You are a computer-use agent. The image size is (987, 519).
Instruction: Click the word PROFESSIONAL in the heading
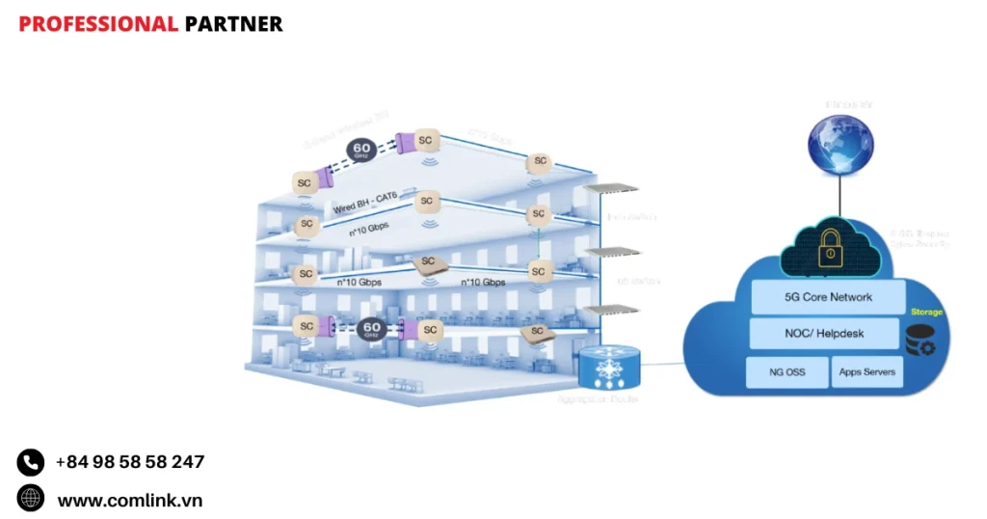97,24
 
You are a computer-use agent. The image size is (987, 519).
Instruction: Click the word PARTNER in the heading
233,24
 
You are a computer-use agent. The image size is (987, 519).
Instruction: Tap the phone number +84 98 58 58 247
129,462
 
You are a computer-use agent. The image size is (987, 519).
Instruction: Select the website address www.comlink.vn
129,500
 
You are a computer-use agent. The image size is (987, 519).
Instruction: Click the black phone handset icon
31,463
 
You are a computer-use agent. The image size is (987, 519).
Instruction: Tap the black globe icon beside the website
31,499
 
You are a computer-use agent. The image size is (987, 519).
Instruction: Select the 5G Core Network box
828,297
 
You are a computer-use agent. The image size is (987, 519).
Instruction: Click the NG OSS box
787,371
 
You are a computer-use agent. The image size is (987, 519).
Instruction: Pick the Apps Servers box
867,371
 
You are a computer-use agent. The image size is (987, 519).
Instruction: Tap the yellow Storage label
926,313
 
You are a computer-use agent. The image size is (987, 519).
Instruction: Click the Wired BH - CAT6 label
365,205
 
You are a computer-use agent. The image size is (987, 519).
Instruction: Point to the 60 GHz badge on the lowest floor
372,330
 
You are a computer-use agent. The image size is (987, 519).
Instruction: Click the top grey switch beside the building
614,189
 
